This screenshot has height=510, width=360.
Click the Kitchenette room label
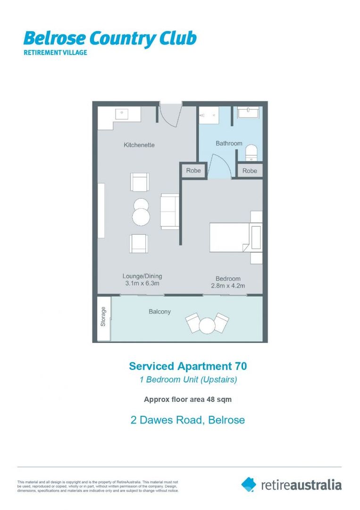pos(139,145)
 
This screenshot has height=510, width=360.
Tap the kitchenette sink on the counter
pos(122,114)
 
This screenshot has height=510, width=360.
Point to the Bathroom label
pos(229,143)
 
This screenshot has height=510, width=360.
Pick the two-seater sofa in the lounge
pos(169,211)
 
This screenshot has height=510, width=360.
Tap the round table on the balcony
pos(207,326)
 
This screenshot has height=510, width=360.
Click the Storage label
pos(103,317)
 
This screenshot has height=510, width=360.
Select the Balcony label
pos(159,312)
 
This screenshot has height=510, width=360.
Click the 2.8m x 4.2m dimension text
pos(228,286)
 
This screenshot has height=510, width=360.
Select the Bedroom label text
pos(228,279)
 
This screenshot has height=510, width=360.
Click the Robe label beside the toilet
pos(250,170)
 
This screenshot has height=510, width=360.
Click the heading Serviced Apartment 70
pos(188,366)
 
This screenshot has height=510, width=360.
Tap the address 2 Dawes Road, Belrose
pos(188,419)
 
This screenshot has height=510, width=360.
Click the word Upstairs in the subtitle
pos(220,380)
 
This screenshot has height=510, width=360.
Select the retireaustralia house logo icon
pos(249,484)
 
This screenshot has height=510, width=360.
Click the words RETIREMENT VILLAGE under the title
pos(56,52)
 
